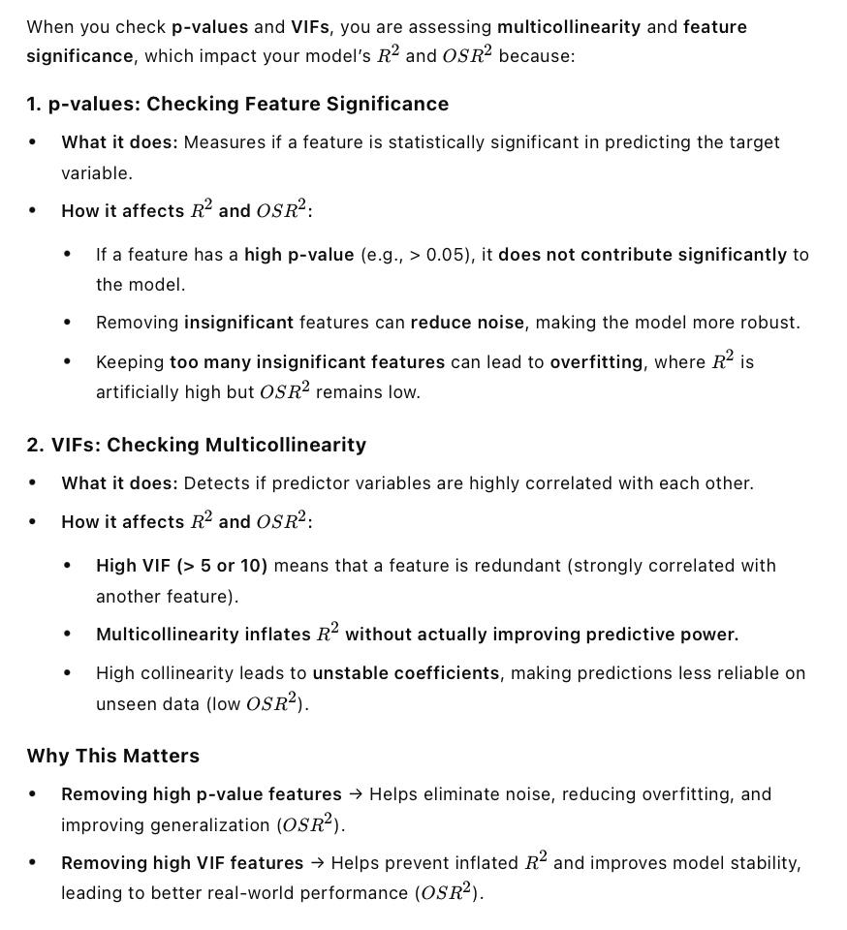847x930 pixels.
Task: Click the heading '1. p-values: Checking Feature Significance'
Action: pos(237,104)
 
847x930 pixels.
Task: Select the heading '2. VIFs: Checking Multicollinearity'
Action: pos(197,445)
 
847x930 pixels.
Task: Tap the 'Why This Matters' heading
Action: pos(113,756)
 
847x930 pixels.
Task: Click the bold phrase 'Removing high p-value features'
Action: pos(202,794)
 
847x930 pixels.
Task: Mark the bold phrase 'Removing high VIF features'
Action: pos(182,863)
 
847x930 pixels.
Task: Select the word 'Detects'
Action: pos(213,483)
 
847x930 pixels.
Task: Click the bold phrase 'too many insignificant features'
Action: pos(307,362)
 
